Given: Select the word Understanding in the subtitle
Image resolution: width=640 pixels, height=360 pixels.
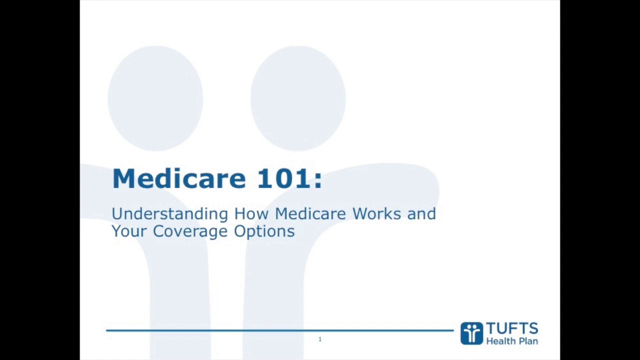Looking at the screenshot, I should (169, 214).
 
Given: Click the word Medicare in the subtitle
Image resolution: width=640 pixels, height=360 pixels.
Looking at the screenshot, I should (310, 213).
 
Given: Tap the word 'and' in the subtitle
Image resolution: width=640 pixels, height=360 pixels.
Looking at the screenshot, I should (421, 213).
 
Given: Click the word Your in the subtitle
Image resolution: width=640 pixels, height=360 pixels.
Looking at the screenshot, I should (129, 231).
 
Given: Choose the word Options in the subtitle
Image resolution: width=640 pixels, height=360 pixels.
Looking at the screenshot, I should (264, 231).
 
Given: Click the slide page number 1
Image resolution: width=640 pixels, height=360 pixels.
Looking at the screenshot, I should (320, 339).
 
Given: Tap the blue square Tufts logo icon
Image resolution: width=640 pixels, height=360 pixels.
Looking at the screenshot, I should (471, 333).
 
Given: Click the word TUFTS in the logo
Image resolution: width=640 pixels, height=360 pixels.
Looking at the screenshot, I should (511, 329).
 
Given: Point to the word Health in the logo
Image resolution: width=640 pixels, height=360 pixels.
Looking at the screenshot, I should (501, 341).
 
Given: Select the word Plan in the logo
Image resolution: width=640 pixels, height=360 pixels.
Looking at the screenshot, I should (528, 341).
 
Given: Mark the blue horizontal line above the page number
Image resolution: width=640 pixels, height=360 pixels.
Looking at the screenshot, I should (280, 330).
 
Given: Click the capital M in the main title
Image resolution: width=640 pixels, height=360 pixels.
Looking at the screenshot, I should (123, 178).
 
